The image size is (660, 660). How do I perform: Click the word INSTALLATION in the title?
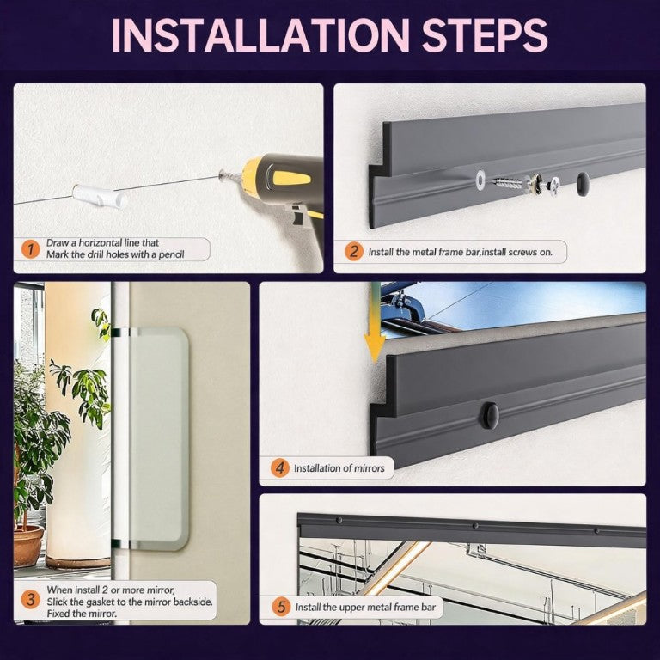[260, 35]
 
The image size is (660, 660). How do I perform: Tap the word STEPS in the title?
[485, 35]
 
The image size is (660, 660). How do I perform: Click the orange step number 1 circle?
[31, 249]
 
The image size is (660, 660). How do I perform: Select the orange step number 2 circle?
[353, 252]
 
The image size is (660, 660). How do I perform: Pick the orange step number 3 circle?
[31, 600]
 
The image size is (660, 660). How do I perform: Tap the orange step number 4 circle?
[279, 468]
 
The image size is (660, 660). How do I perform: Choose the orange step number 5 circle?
[281, 607]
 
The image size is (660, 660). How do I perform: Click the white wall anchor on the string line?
[100, 196]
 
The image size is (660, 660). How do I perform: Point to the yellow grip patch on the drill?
[291, 178]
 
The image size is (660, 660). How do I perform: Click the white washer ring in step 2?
[480, 180]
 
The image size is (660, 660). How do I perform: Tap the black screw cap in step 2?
[583, 184]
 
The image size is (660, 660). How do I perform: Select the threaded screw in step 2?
[507, 183]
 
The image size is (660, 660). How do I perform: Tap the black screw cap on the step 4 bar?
[490, 415]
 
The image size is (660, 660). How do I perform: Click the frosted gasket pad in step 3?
[158, 438]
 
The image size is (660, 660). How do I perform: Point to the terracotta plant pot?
[28, 546]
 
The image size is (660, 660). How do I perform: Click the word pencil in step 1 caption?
[171, 254]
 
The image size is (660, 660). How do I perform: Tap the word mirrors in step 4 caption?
[370, 468]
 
